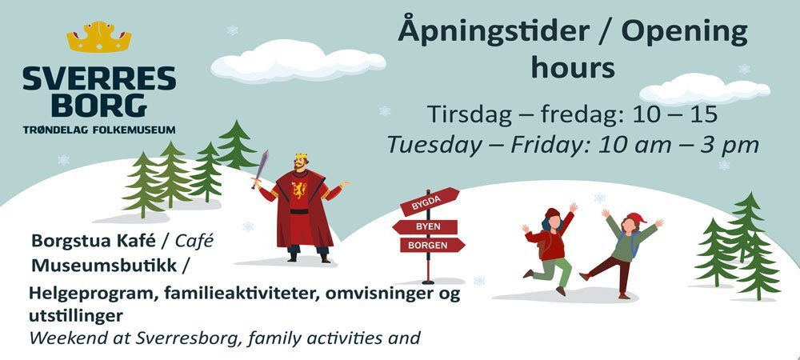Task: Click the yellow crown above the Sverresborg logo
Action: (x=99, y=37)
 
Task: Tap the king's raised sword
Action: (x=261, y=168)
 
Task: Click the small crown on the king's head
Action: (x=301, y=157)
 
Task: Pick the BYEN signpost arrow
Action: (x=425, y=226)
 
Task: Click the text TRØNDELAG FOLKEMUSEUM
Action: (x=99, y=129)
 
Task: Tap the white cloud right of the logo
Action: (x=298, y=62)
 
